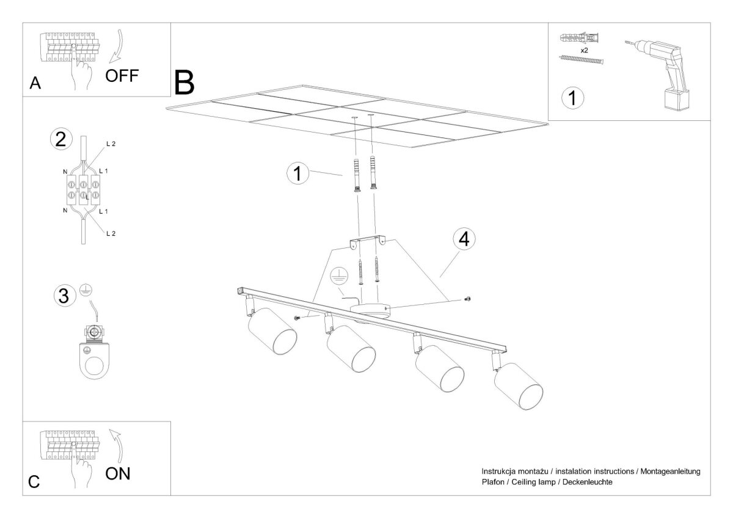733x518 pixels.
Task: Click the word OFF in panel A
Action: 122,76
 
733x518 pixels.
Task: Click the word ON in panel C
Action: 118,473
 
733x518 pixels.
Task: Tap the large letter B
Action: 184,83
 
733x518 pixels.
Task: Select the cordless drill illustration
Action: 658,75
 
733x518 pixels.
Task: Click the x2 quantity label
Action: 584,50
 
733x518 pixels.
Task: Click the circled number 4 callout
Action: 464,239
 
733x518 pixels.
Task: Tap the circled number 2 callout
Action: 61,139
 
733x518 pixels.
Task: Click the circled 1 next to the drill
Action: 572,98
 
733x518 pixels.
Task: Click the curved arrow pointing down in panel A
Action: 117,46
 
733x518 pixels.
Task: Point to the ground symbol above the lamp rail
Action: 337,277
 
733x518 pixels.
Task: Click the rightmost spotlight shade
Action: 519,386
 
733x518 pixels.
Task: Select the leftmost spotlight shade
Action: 272,331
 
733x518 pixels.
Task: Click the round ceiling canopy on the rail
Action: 370,311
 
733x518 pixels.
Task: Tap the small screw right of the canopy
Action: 468,299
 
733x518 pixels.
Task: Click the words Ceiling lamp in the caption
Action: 533,482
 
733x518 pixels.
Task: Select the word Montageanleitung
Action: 670,472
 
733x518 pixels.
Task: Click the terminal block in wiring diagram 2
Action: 83,190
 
